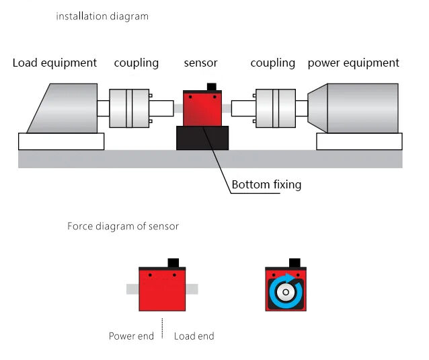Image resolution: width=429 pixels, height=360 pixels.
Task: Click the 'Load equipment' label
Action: pyautogui.click(x=54, y=63)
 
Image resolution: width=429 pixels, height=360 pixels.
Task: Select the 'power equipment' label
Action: pyautogui.click(x=353, y=63)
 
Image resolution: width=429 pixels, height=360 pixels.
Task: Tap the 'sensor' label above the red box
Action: pyautogui.click(x=200, y=63)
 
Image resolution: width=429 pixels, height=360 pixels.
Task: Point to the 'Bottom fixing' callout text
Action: pyautogui.click(x=266, y=184)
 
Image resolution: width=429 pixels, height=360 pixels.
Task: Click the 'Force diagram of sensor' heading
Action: pyautogui.click(x=123, y=226)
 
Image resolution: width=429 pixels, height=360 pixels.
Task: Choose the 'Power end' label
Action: pyautogui.click(x=131, y=336)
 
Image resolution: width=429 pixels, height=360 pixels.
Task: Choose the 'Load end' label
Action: pyautogui.click(x=194, y=336)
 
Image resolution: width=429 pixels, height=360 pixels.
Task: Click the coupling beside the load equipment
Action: pyautogui.click(x=130, y=108)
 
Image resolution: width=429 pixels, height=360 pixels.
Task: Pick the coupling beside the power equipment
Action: pyautogui.click(x=276, y=108)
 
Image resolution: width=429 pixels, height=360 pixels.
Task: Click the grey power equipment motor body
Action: pyautogui.click(x=360, y=108)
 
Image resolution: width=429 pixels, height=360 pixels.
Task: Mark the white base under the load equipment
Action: pyautogui.click(x=61, y=141)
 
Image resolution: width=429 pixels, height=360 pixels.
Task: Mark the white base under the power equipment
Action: pyautogui.click(x=359, y=141)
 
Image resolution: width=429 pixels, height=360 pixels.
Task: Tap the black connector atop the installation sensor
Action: pyautogui.click(x=212, y=86)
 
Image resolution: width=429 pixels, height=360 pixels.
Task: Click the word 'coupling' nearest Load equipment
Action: pyautogui.click(x=136, y=63)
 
